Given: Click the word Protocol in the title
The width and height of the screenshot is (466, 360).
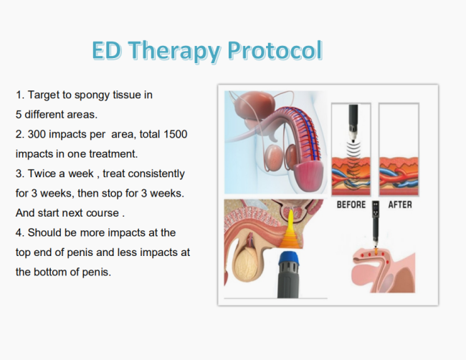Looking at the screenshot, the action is (x=275, y=50).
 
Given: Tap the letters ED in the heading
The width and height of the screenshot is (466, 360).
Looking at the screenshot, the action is (x=106, y=50).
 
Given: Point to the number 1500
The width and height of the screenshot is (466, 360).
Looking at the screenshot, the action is (x=176, y=134).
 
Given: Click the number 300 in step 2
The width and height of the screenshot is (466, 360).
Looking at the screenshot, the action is (x=37, y=134).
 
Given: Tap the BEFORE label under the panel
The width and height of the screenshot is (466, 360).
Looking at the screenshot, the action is (x=351, y=204).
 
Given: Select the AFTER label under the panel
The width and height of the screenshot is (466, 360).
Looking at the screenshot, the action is (x=400, y=204).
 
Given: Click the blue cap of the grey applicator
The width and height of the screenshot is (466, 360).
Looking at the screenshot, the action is (x=289, y=257).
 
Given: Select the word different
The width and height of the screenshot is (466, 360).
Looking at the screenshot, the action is (x=44, y=115).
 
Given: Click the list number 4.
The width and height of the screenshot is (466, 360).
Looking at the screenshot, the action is (x=19, y=232).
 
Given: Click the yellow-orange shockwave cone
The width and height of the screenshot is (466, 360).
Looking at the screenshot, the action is (x=290, y=231).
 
